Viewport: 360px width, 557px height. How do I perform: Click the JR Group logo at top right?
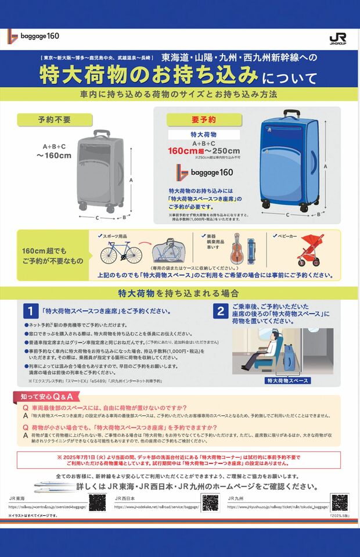click(x=337, y=38)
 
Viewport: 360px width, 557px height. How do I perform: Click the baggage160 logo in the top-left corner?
click(x=34, y=36)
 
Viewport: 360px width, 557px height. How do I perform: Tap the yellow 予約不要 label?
click(x=55, y=120)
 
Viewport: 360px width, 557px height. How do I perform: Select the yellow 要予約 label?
click(x=204, y=120)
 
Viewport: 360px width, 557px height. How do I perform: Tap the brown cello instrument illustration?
click(x=237, y=248)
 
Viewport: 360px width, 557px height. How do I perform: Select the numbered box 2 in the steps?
click(x=221, y=311)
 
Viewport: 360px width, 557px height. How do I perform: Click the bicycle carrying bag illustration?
click(x=168, y=250)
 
